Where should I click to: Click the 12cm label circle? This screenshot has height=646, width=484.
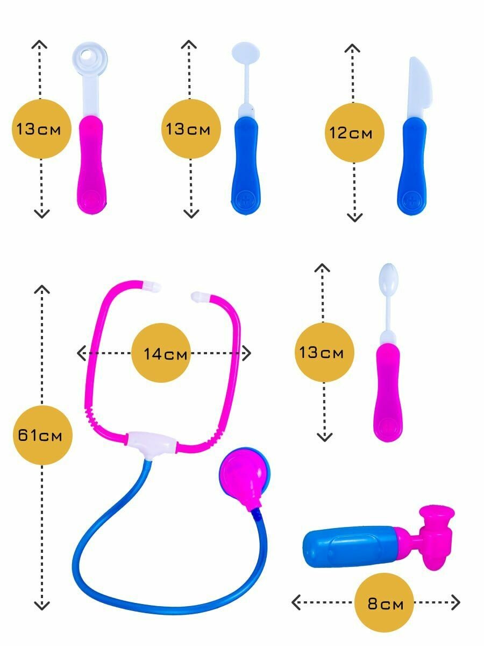click(x=354, y=132)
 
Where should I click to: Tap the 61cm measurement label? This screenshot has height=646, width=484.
click(x=41, y=435)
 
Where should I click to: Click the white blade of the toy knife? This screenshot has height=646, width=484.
click(x=419, y=89)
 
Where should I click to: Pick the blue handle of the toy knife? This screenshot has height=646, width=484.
click(x=413, y=167)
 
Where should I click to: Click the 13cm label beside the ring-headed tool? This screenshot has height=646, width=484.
click(x=41, y=129)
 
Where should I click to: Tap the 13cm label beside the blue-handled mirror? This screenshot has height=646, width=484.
click(x=191, y=129)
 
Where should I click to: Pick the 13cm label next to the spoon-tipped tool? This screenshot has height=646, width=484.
click(x=324, y=353)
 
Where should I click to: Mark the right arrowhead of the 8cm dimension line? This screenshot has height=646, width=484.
click(x=456, y=602)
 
